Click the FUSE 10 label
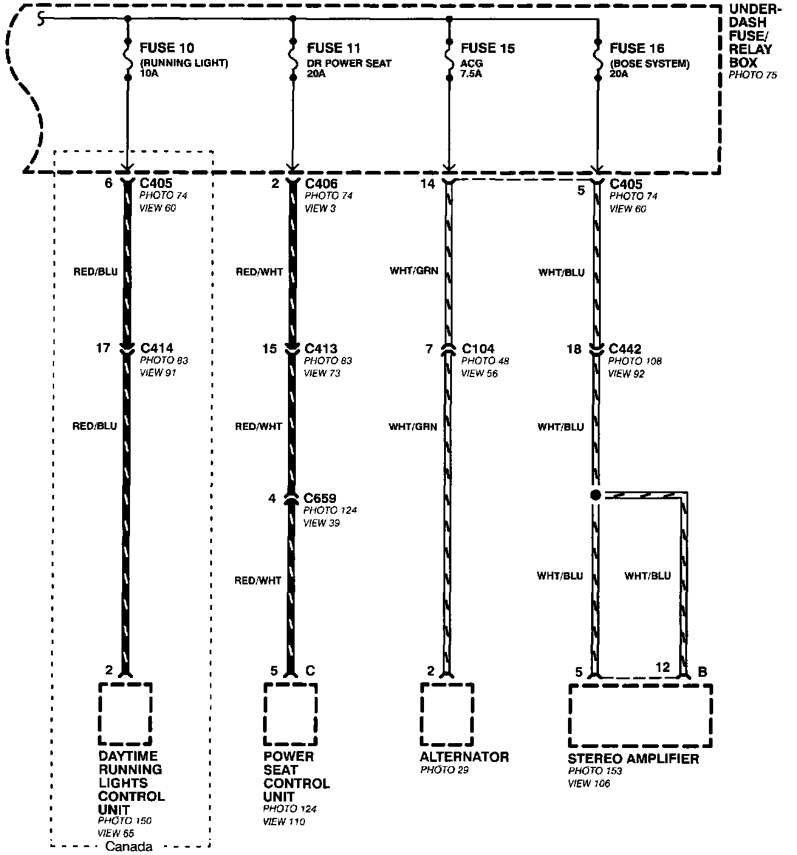[168, 48]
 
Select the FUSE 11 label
[334, 48]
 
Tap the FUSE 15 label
[488, 48]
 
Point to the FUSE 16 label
[637, 48]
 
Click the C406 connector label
[321, 184]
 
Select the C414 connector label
[157, 348]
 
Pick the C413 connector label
[321, 348]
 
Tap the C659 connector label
[320, 499]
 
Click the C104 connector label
[478, 349]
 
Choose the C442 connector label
[625, 349]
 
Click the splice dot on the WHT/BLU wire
[595, 495]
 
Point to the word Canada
[129, 846]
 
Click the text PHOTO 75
[753, 76]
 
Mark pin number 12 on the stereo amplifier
[662, 668]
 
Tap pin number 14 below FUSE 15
[428, 184]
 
